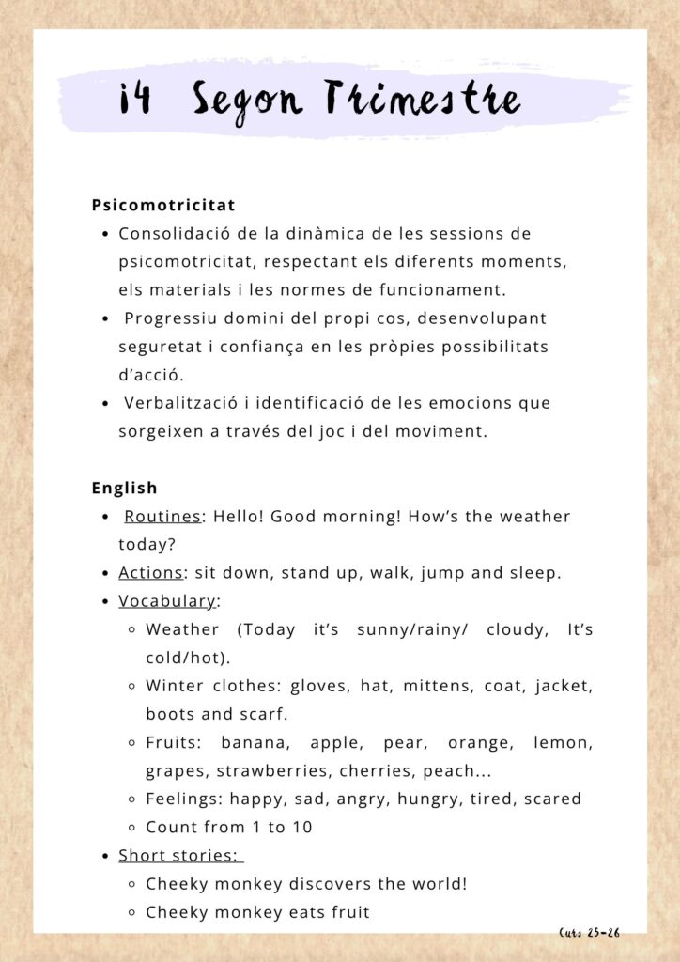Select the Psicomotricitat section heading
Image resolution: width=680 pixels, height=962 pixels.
click(163, 205)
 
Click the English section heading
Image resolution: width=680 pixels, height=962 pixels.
click(124, 489)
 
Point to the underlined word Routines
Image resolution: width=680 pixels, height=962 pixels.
click(162, 517)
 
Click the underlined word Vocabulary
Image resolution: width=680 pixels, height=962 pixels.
click(167, 601)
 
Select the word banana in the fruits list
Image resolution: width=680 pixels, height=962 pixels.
click(251, 743)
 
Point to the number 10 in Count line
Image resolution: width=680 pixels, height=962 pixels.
click(301, 828)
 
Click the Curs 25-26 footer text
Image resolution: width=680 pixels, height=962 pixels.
click(589, 933)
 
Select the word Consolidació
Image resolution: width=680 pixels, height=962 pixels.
click(179, 233)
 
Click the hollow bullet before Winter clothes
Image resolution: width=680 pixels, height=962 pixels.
click(133, 687)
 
